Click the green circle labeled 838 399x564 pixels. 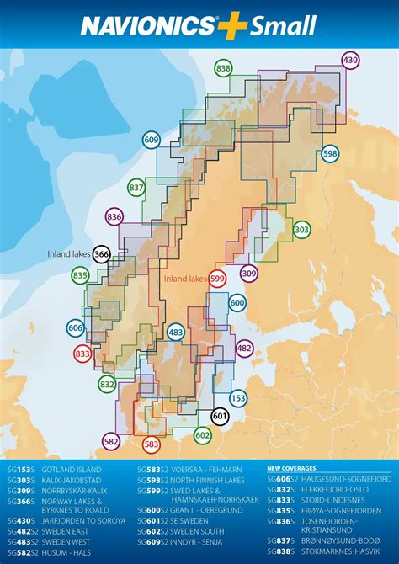(x=223, y=69)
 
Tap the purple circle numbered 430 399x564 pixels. (x=350, y=60)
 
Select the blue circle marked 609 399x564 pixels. (x=152, y=141)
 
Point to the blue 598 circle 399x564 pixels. (x=330, y=154)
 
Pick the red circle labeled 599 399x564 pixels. (x=218, y=279)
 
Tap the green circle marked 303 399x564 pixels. (x=301, y=230)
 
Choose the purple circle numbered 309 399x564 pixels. (x=248, y=273)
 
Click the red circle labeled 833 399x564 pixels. (x=82, y=355)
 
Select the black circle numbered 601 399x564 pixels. (x=220, y=415)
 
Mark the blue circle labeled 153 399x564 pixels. (x=238, y=398)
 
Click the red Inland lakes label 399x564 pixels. (x=184, y=279)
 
